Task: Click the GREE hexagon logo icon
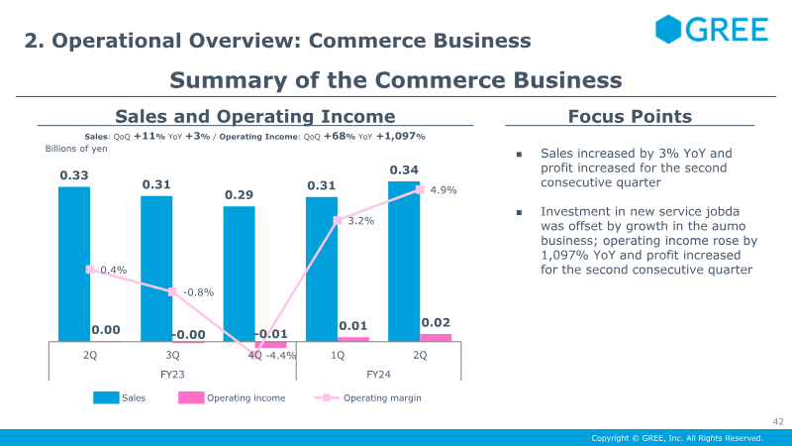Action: (x=668, y=29)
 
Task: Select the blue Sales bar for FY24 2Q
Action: (x=404, y=262)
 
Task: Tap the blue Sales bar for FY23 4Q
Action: (x=239, y=274)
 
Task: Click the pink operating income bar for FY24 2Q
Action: (x=436, y=338)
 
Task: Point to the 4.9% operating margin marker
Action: (x=420, y=189)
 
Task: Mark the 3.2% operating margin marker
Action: (x=338, y=220)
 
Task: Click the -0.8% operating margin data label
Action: (x=199, y=292)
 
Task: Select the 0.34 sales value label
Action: (x=404, y=169)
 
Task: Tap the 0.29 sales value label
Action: (x=239, y=194)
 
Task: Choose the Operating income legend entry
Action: (x=232, y=398)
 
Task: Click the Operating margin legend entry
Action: (x=367, y=398)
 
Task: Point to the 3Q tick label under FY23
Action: (x=172, y=355)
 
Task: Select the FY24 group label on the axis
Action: (x=378, y=375)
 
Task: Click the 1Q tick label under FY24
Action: (x=338, y=355)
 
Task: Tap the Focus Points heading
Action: (x=630, y=116)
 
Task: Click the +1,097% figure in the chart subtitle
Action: (x=401, y=136)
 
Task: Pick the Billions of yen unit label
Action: (x=76, y=149)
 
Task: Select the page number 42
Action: (x=778, y=421)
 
